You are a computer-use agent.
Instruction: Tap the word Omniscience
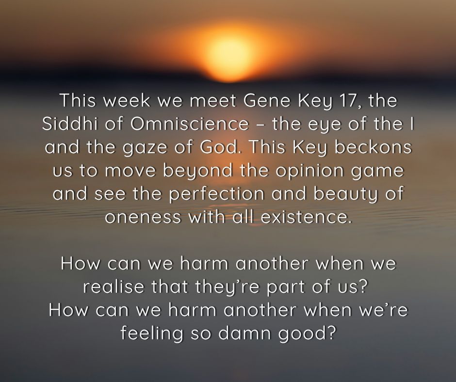(189, 125)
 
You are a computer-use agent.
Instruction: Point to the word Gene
(260, 102)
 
